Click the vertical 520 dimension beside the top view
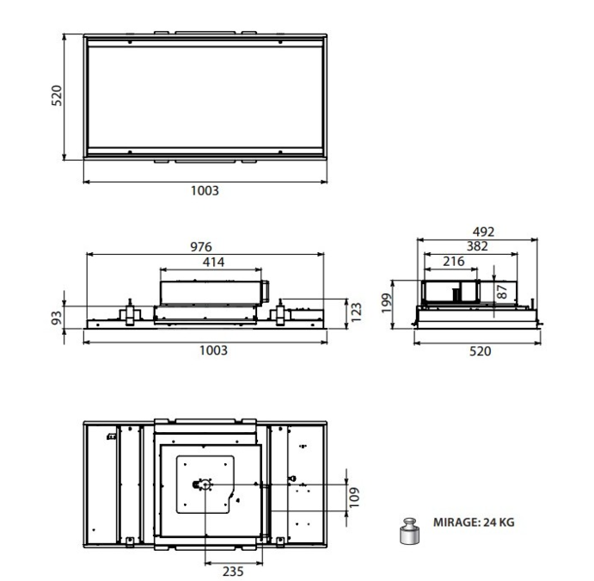tap(56, 96)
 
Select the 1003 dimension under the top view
tap(205, 191)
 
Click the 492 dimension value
tap(483, 232)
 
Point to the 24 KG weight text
tap(499, 522)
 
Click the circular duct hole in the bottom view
tap(205, 485)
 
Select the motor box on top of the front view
tap(210, 289)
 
